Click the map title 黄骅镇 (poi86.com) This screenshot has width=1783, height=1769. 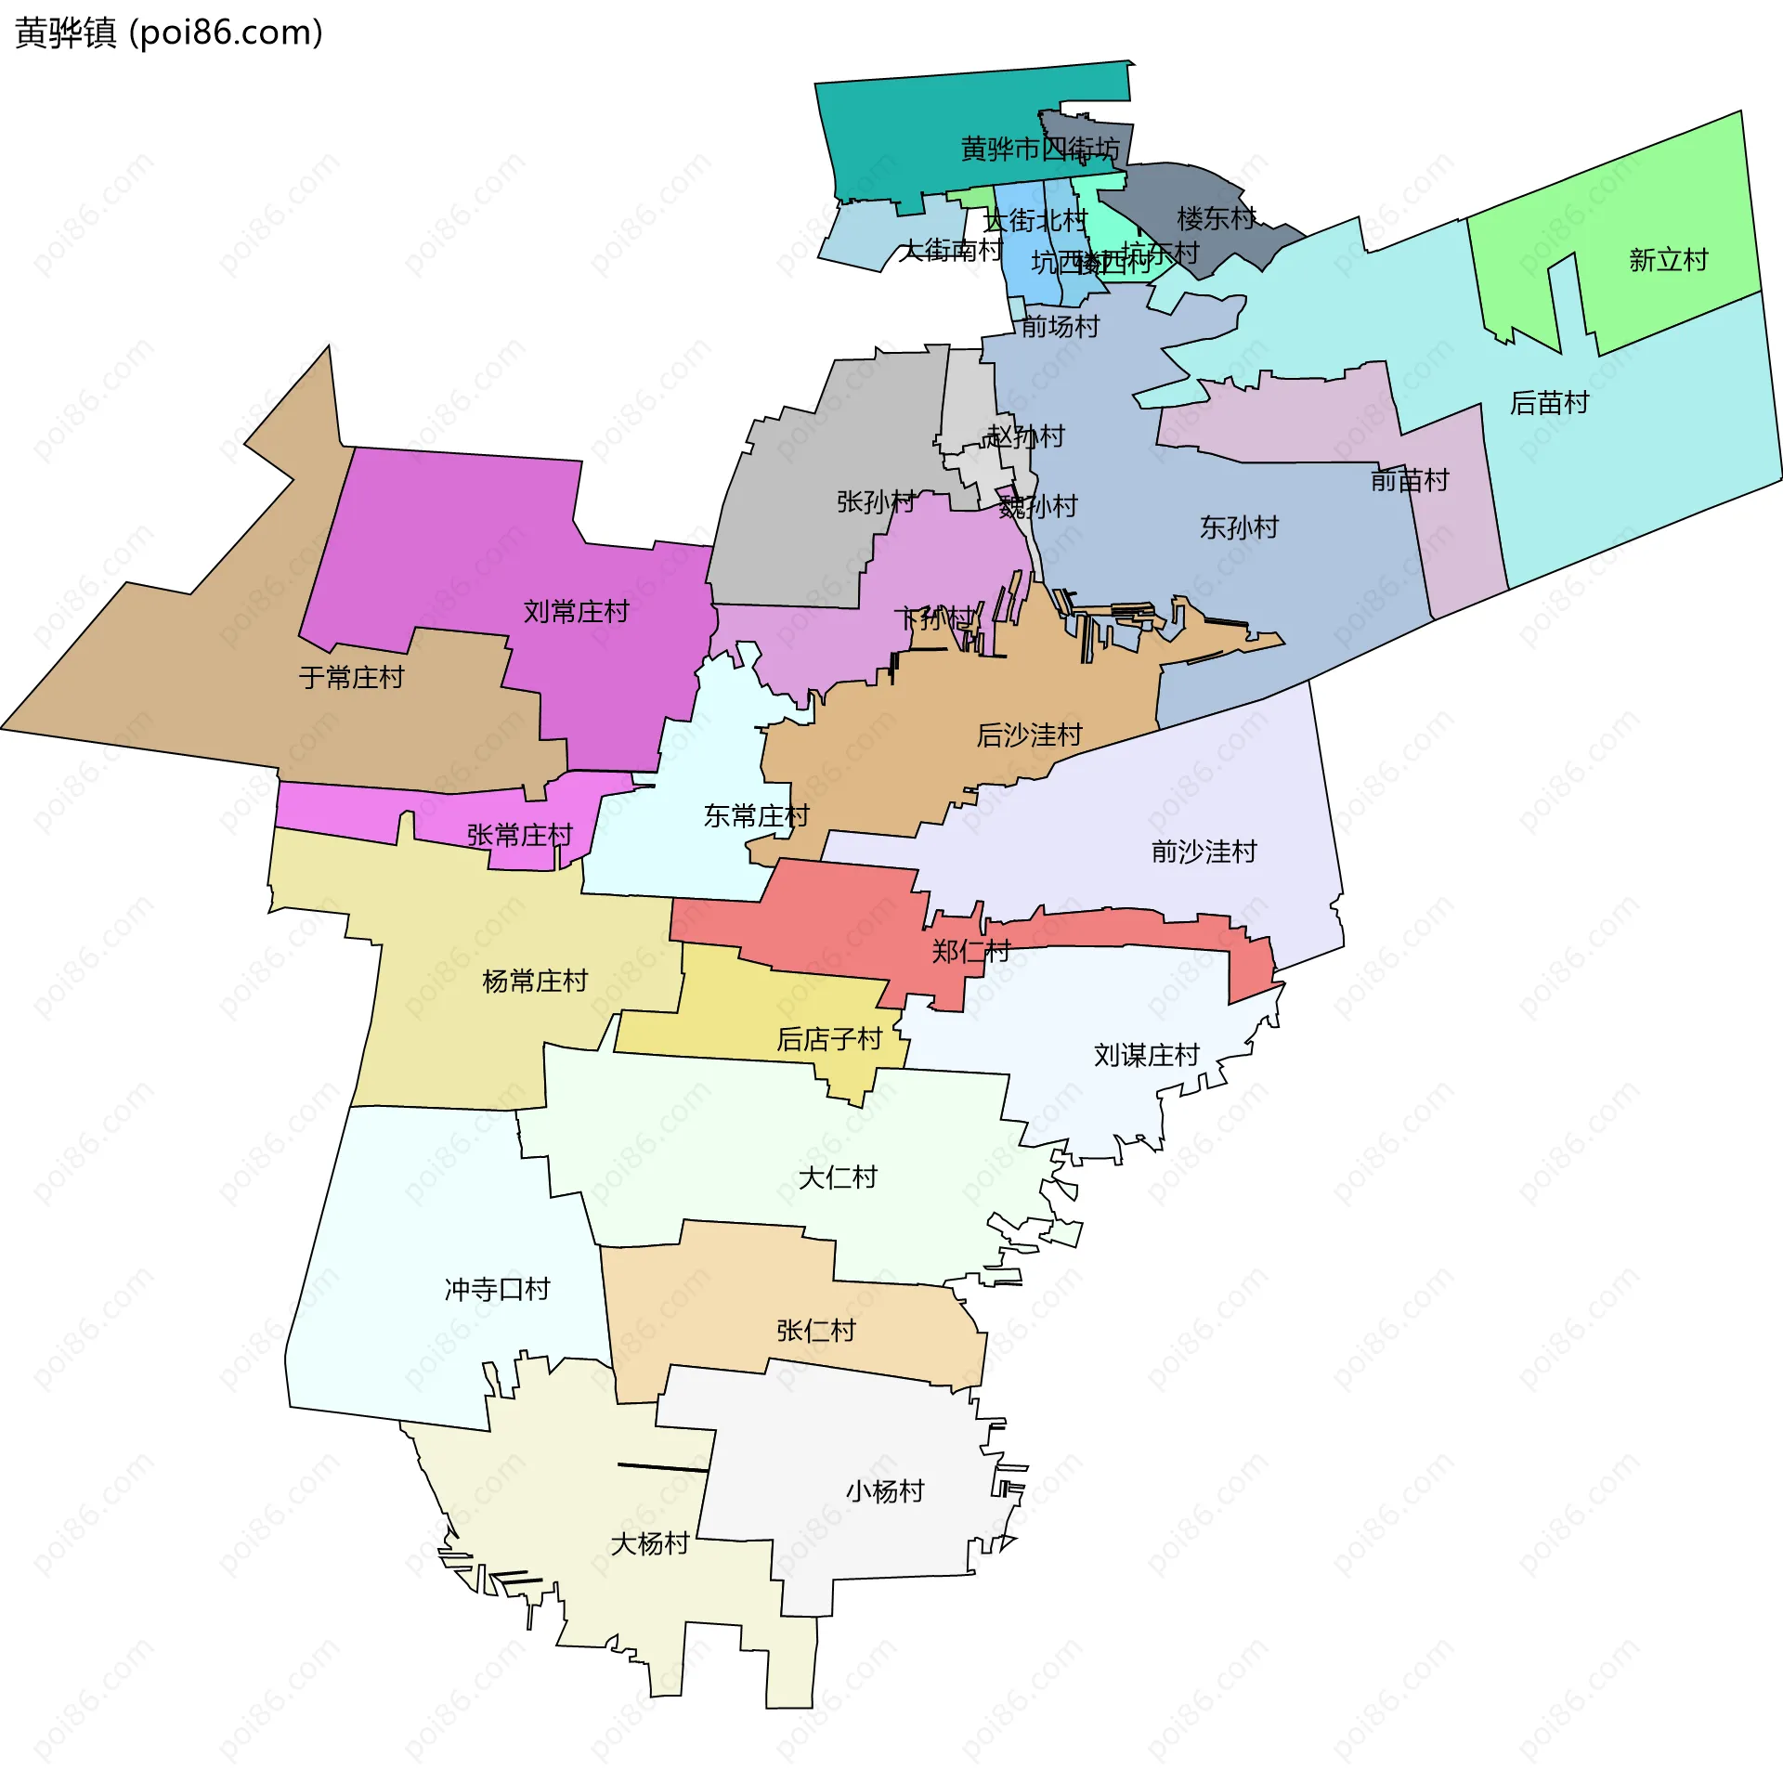[169, 33]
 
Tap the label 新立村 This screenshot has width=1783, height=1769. [1668, 260]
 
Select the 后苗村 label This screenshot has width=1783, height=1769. [1549, 402]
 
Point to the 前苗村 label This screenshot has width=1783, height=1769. [1409, 480]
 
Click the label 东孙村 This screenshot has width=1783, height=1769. [1239, 527]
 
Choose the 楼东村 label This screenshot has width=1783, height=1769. [1216, 218]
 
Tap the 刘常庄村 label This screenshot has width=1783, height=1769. [576, 611]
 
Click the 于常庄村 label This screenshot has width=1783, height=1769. [351, 677]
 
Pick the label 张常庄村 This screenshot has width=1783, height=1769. [519, 835]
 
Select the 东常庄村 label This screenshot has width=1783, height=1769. [756, 815]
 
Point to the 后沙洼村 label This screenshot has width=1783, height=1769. [1029, 735]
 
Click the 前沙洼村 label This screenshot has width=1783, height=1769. [1204, 851]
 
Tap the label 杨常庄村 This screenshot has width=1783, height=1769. [535, 981]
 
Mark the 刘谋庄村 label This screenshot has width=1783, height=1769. [1146, 1055]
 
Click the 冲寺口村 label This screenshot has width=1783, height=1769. [497, 1289]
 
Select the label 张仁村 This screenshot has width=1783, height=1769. [815, 1331]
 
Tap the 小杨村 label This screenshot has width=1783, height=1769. [884, 1490]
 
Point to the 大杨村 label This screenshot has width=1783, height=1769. [649, 1543]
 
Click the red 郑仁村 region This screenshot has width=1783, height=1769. [836, 919]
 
